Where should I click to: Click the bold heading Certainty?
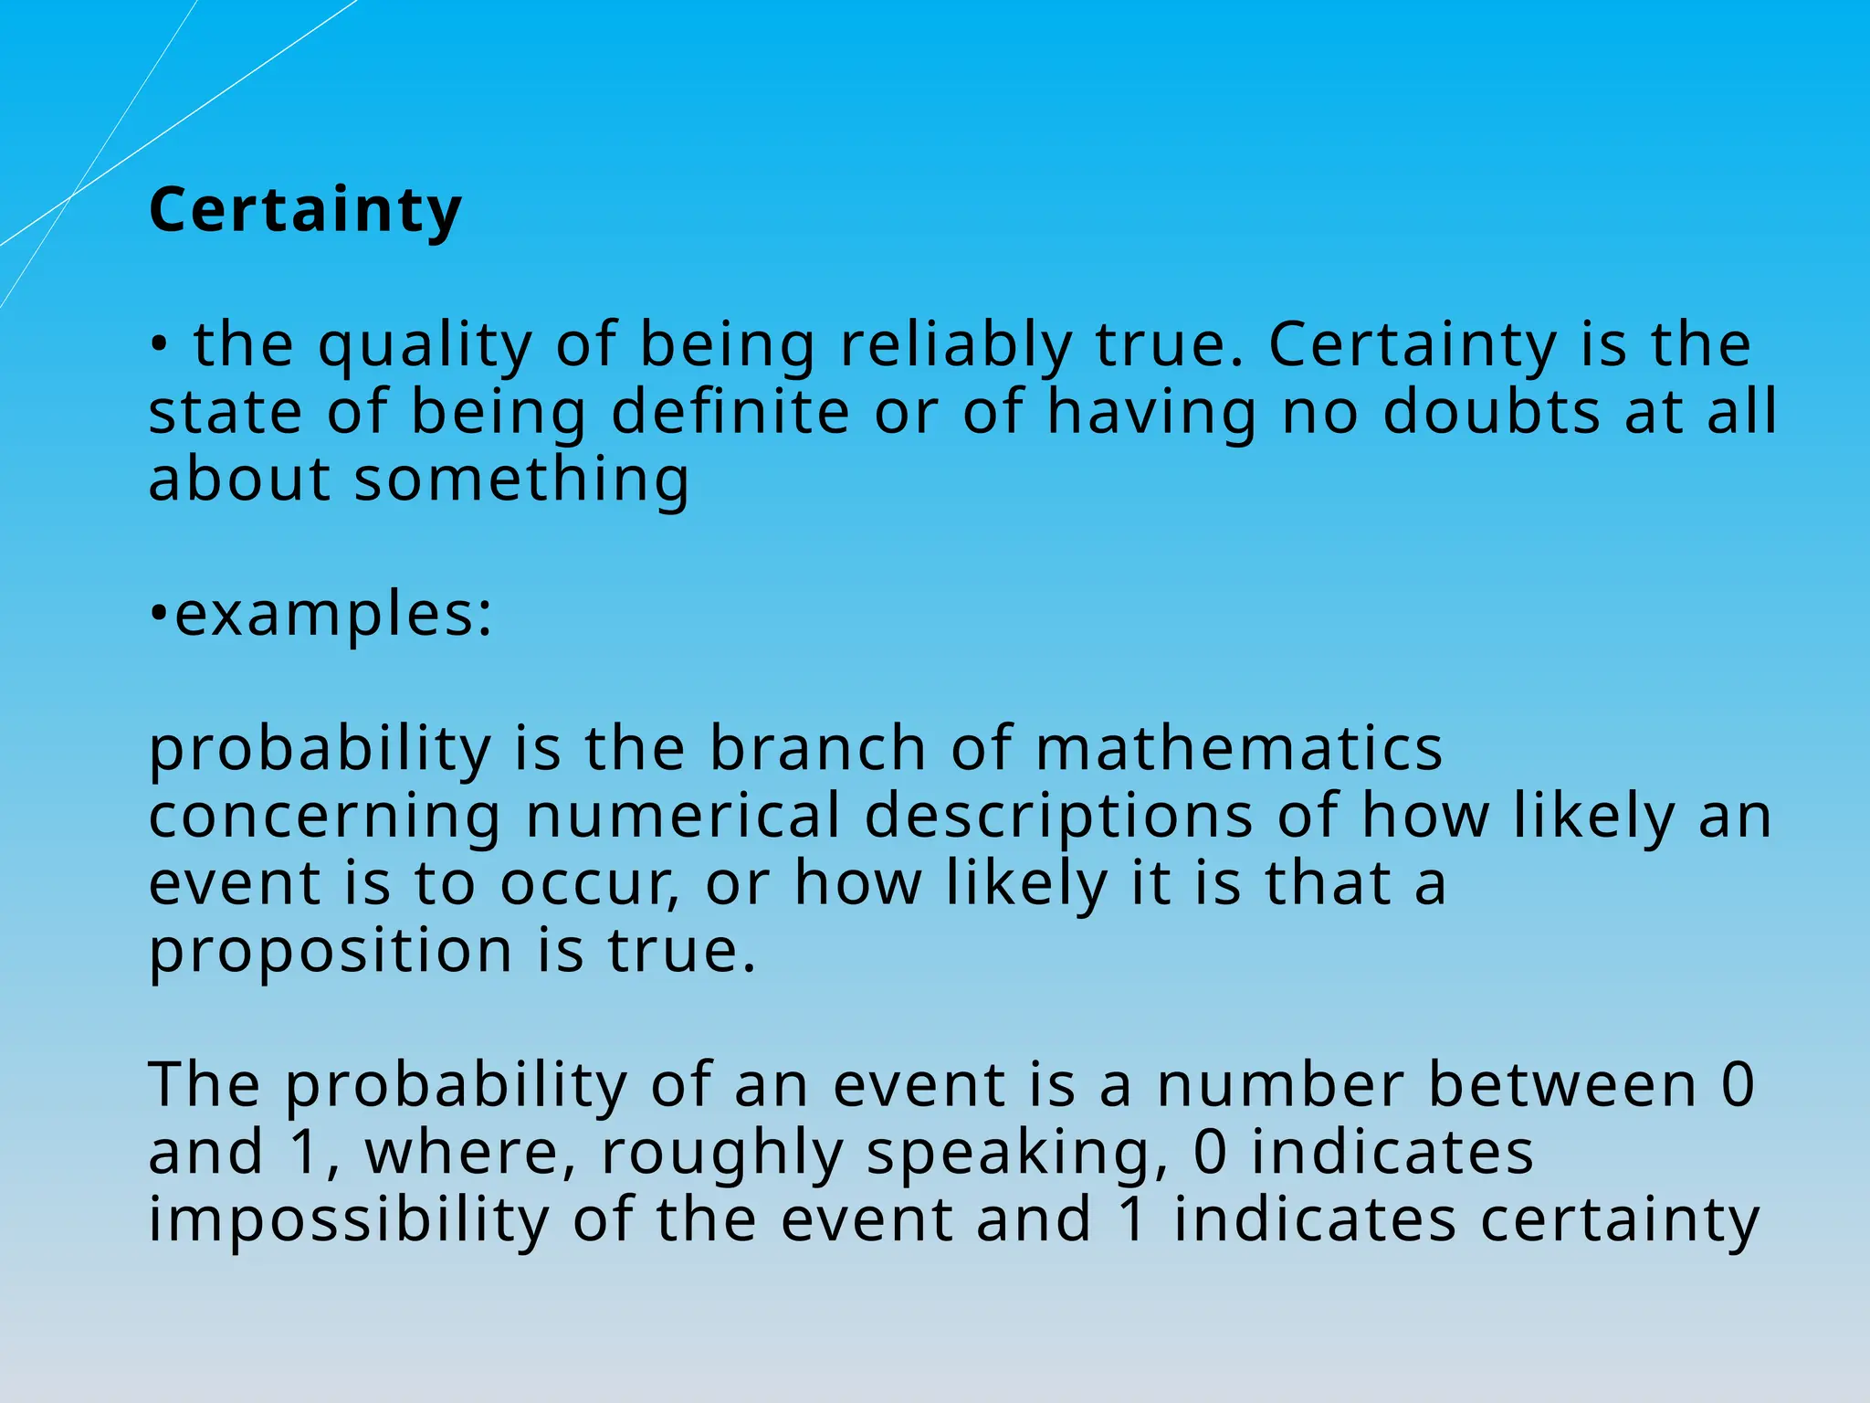point(305,210)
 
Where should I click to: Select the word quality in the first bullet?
point(425,345)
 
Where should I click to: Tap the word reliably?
point(956,345)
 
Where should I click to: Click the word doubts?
point(1491,412)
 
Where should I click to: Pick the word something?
point(521,480)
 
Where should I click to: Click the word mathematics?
point(1239,748)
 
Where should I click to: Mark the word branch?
point(818,748)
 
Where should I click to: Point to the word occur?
point(589,883)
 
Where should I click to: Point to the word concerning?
point(324,816)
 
